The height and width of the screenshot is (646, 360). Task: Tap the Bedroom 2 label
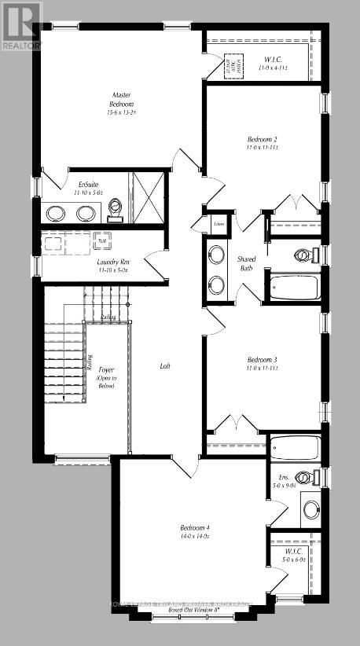[x=263, y=143]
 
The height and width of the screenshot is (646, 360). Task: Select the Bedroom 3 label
[x=263, y=363]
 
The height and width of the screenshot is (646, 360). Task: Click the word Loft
[x=164, y=366]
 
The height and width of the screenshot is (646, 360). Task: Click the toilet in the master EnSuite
[x=116, y=209]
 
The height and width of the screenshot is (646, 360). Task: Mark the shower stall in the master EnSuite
[x=148, y=192]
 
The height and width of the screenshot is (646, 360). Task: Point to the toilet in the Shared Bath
[x=302, y=255]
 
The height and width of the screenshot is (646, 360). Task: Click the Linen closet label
[x=219, y=224]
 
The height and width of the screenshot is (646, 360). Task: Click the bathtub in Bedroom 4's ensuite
[x=294, y=449]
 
